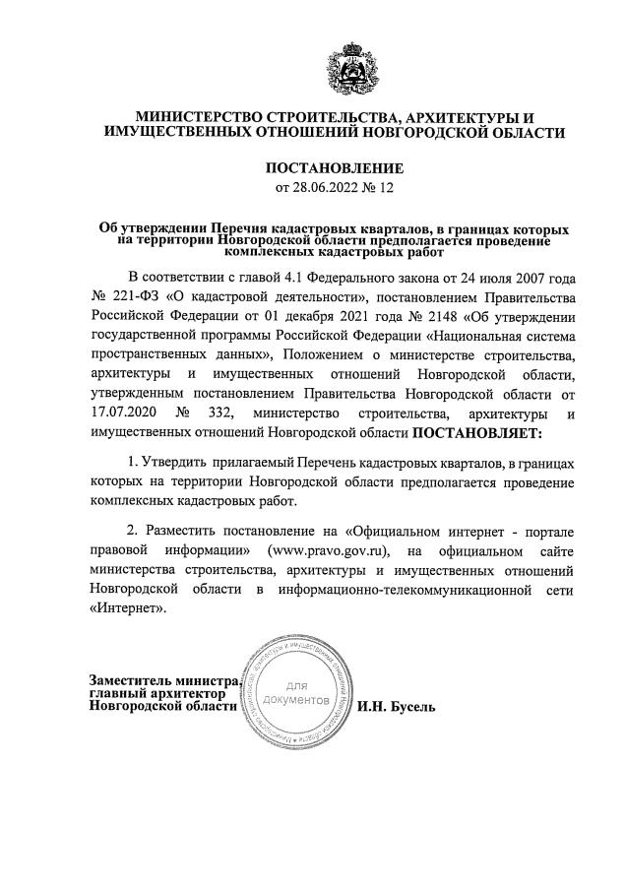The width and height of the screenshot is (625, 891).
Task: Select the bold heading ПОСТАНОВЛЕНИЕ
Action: (335, 168)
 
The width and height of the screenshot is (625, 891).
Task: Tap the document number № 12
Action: (378, 187)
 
